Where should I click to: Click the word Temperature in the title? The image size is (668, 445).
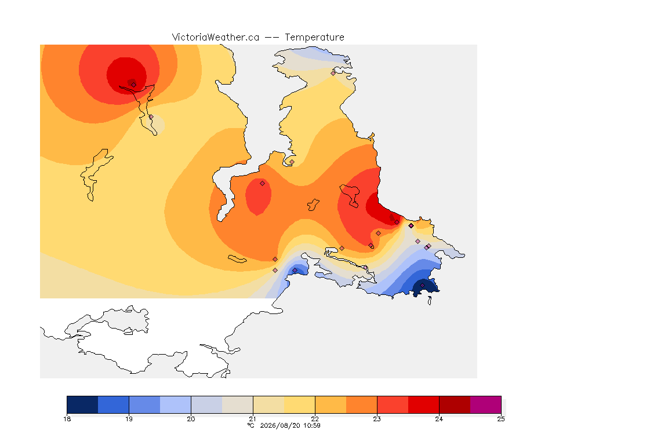(x=314, y=38)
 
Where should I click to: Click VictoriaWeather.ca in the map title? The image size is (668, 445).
(x=216, y=38)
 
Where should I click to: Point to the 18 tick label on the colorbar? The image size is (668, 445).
(x=67, y=419)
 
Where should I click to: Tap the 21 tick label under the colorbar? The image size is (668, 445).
(x=253, y=419)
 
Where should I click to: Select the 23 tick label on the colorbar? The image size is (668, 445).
(x=377, y=419)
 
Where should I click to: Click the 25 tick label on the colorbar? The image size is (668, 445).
(x=501, y=419)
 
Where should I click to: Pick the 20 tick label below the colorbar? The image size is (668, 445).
(x=191, y=419)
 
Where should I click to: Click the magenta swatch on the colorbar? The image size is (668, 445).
(x=486, y=404)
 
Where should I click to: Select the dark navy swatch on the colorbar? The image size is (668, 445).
(x=83, y=404)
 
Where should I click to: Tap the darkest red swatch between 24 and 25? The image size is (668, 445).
(x=455, y=404)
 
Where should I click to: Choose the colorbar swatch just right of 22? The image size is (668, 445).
(x=331, y=404)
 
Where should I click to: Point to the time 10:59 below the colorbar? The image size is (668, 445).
(x=312, y=425)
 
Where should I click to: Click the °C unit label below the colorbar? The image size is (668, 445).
(x=251, y=425)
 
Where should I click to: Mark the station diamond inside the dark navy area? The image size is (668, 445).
(x=422, y=285)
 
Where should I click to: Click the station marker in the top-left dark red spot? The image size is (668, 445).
(x=133, y=85)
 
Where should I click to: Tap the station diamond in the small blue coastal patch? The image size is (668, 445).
(x=295, y=271)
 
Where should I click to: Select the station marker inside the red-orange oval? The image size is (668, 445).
(x=263, y=184)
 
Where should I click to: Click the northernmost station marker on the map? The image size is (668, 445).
(x=333, y=73)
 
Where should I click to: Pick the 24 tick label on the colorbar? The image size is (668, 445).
(x=439, y=419)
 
